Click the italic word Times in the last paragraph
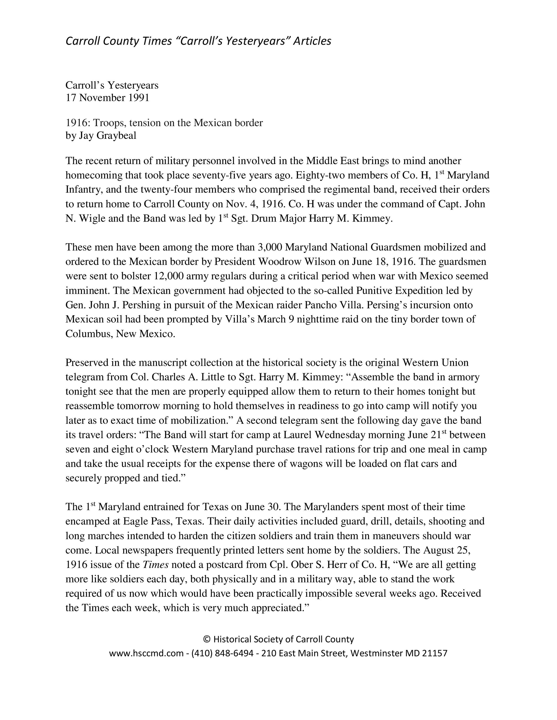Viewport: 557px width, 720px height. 155,565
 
